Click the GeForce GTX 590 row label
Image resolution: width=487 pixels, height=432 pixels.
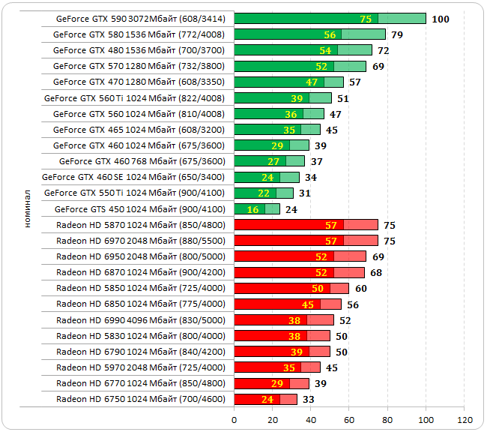[x=139, y=18]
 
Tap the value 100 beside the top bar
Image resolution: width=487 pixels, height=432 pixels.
[x=441, y=19]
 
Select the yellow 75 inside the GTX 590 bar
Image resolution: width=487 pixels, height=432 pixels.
[x=366, y=19]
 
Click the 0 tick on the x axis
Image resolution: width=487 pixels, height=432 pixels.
[x=235, y=418]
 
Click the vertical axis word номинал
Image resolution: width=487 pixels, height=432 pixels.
[x=26, y=208]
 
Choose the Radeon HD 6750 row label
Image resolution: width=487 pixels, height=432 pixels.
[x=140, y=399]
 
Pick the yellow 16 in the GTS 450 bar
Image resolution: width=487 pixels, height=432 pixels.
[x=252, y=209]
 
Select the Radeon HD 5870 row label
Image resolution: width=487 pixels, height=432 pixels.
[x=140, y=224]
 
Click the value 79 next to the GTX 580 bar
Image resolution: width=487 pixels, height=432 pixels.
[x=398, y=34]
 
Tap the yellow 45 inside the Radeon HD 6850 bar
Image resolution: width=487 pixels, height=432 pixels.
[x=308, y=304]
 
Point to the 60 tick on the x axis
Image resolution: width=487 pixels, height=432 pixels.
[x=350, y=418]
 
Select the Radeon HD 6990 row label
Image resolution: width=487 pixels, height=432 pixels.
[x=140, y=319]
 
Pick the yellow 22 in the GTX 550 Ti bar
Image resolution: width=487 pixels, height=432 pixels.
[x=264, y=193]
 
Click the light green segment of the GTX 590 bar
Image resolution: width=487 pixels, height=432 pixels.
[x=402, y=19]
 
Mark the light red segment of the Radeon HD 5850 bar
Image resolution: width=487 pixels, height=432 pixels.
[x=339, y=288]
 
